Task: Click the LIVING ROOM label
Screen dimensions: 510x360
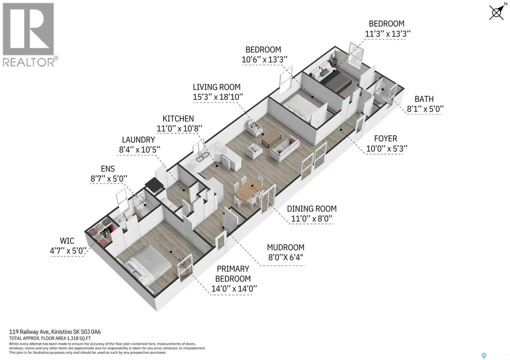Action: click(x=216, y=87)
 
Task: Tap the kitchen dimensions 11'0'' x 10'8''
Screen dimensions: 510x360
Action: click(x=179, y=129)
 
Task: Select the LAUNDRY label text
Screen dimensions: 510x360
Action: click(x=138, y=140)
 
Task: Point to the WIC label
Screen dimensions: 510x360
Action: click(x=67, y=241)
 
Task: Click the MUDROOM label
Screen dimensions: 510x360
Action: click(x=286, y=247)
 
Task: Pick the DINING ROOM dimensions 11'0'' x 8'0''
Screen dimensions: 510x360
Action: click(x=312, y=219)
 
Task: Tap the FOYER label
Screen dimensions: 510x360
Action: click(x=386, y=138)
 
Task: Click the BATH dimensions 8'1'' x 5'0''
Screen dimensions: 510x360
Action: click(x=425, y=109)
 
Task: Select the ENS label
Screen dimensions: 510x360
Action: click(x=108, y=169)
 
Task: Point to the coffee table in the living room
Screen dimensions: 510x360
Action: click(x=271, y=139)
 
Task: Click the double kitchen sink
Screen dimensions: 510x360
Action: click(x=203, y=156)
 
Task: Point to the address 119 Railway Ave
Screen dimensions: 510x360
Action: click(x=29, y=332)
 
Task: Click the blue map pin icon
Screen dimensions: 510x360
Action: click(x=484, y=356)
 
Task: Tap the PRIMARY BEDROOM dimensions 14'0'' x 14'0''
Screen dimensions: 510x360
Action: click(x=234, y=289)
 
